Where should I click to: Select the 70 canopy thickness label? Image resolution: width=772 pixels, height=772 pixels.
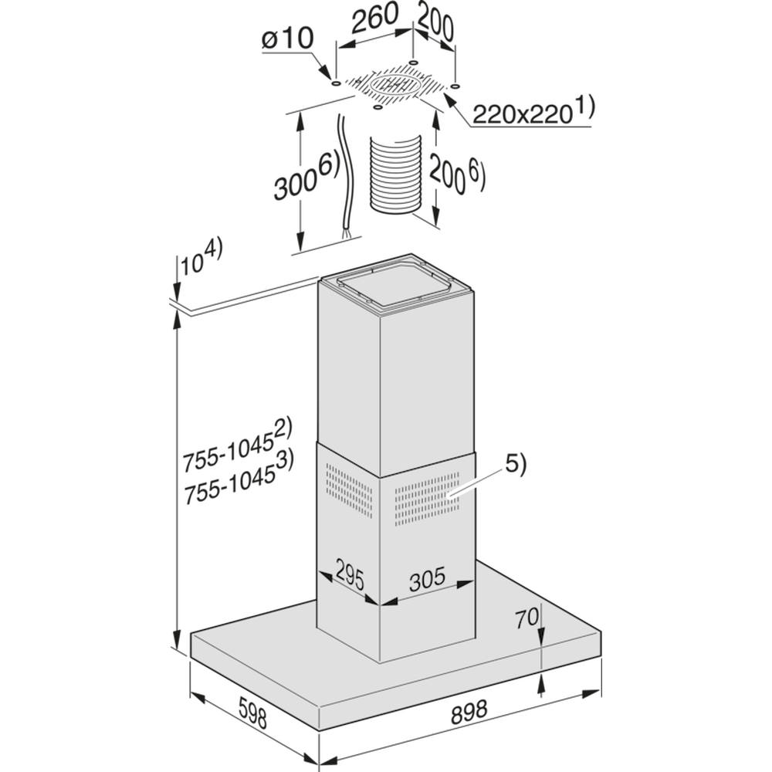click(527, 618)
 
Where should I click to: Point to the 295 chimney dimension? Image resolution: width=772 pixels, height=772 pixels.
click(350, 574)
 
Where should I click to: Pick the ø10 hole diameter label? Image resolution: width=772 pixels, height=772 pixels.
click(287, 38)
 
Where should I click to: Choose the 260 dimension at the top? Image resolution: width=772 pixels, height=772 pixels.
click(377, 17)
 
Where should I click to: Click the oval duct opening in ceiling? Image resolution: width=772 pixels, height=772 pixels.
click(395, 86)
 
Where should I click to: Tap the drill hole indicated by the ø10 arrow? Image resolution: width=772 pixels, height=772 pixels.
click(335, 83)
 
